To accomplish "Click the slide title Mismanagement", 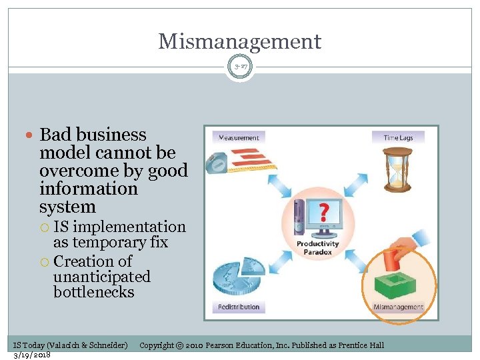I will click(x=239, y=41).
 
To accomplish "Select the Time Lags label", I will click(x=398, y=138).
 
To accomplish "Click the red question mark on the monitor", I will click(x=323, y=212).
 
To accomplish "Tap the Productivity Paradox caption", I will click(x=319, y=248).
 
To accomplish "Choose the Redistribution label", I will click(x=238, y=307).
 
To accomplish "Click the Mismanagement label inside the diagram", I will click(x=398, y=307).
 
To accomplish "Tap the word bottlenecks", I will click(x=93, y=292).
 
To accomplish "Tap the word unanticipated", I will click(x=102, y=276).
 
